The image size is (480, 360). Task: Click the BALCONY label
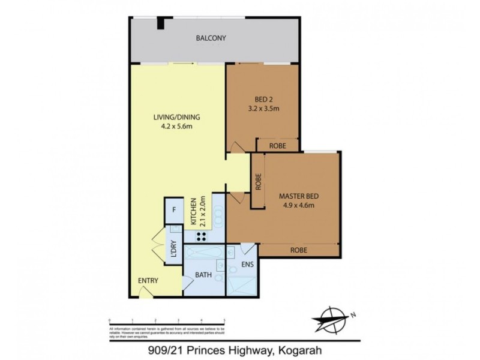[211, 39]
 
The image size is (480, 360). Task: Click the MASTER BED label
[298, 197]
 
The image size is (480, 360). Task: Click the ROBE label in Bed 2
[278, 146]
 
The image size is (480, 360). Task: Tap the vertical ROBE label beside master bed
[258, 181]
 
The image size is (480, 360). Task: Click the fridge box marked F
[173, 210]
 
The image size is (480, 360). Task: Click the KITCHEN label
[194, 211]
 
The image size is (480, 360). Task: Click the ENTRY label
[148, 280]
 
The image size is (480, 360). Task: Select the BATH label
[203, 276]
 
